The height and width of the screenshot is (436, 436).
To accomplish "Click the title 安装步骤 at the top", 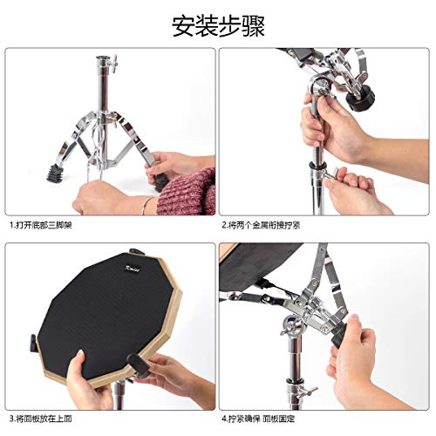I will point(217,24).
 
